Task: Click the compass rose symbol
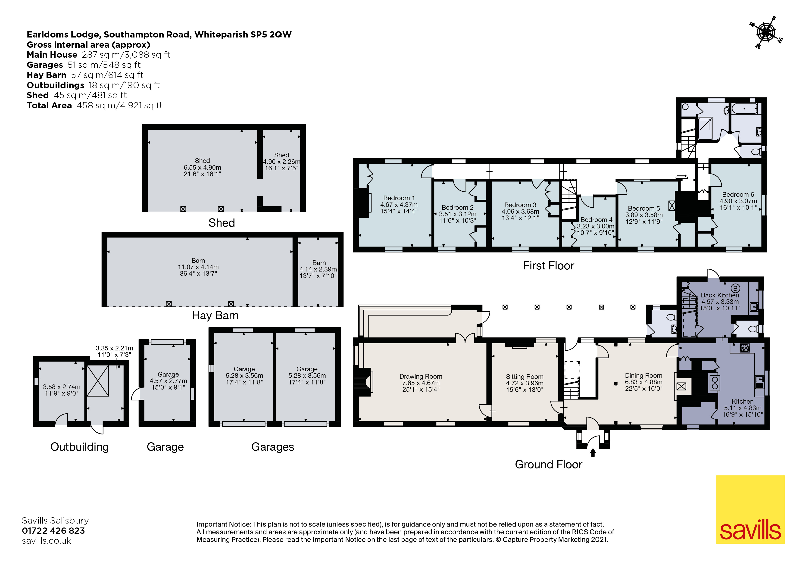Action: [x=766, y=33]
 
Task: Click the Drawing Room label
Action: [x=421, y=377]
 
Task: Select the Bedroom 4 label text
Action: [x=596, y=220]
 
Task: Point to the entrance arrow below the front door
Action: [x=593, y=452]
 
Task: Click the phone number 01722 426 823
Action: [x=53, y=530]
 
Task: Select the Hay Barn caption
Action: [x=215, y=315]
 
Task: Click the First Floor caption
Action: [x=549, y=266]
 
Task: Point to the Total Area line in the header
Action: [x=94, y=105]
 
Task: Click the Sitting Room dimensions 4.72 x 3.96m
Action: [x=525, y=383]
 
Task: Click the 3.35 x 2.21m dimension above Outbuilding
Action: [x=114, y=348]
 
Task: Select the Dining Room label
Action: [x=643, y=376]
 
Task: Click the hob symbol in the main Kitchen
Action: [x=744, y=348]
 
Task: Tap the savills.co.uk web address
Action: [x=46, y=541]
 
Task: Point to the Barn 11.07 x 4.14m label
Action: [x=198, y=267]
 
